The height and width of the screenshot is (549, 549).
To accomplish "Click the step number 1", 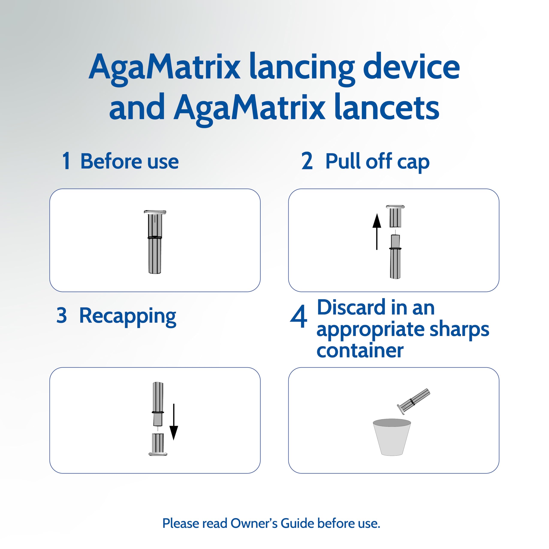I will (66, 161).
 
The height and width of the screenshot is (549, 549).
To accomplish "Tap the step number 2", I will (307, 161).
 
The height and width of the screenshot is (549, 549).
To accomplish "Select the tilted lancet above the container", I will (413, 401).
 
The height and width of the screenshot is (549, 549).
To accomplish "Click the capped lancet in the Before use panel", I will (155, 242).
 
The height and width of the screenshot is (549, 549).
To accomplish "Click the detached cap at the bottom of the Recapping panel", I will (158, 444).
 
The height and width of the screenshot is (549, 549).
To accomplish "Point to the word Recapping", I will (128, 316).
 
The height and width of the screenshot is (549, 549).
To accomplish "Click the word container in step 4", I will (360, 350).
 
